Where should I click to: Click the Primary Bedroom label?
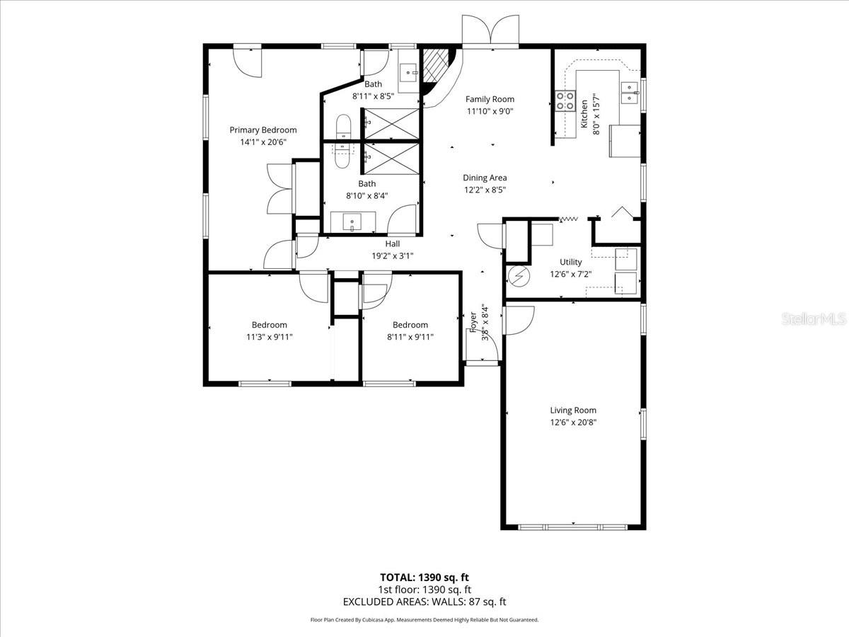(x=263, y=130)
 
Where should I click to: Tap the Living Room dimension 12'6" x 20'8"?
(x=573, y=423)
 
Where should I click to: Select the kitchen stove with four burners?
(x=565, y=101)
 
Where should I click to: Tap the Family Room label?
(x=490, y=99)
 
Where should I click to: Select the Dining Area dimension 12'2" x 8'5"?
(x=485, y=190)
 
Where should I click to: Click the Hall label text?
(x=393, y=243)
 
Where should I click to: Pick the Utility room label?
(x=570, y=262)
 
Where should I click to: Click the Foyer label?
(x=473, y=322)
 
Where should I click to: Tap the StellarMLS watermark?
(x=813, y=319)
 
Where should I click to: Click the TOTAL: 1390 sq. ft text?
(x=424, y=577)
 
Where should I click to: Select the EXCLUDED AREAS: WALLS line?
(x=424, y=602)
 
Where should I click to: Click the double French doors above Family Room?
(x=490, y=31)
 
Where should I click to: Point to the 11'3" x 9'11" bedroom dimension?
(x=269, y=338)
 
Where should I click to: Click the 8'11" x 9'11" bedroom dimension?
(x=410, y=338)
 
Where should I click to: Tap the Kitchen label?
(x=584, y=113)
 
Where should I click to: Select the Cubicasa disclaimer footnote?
(x=424, y=620)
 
